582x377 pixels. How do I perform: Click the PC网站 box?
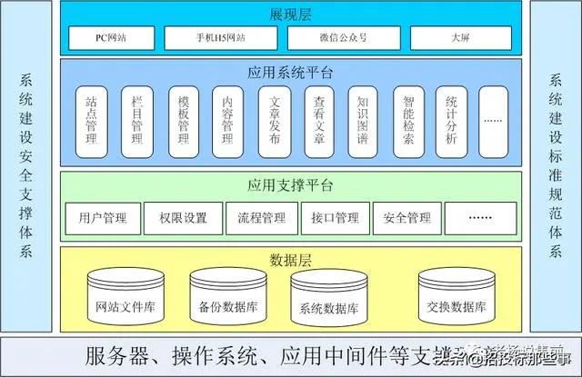coord(111,38)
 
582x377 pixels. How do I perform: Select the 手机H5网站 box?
coord(221,38)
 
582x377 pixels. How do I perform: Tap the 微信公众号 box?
coord(346,38)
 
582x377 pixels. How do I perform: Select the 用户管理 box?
coord(103,218)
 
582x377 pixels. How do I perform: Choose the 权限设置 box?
coord(183,218)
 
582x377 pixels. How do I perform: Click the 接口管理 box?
coord(334,218)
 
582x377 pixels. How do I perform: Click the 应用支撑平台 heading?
coord(290,186)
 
